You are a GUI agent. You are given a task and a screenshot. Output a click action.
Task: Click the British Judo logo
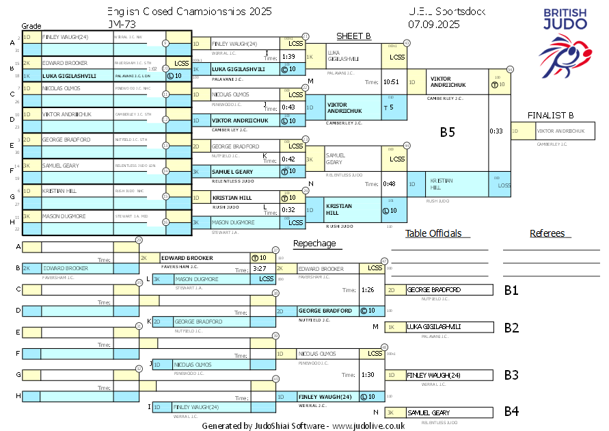tap(565, 43)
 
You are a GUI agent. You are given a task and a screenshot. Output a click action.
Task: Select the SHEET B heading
tap(353, 36)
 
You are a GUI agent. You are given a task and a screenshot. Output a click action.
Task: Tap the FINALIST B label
tap(550, 115)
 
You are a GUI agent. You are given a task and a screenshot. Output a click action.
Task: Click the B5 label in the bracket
tap(447, 132)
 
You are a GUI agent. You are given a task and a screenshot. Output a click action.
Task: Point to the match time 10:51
tap(391, 82)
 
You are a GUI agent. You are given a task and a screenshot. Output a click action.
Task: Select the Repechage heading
tap(314, 244)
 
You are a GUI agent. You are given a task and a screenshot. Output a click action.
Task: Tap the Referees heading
tap(547, 233)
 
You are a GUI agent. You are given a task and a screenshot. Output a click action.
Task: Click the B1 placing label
tap(511, 290)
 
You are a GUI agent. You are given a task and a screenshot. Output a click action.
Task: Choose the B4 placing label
tap(511, 412)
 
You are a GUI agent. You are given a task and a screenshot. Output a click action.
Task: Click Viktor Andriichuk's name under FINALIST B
tap(560, 130)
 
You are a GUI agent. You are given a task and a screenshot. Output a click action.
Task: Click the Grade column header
tap(31, 26)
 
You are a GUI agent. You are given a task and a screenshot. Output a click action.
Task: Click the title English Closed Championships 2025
tap(189, 12)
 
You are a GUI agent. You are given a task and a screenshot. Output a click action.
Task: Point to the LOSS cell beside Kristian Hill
tap(504, 185)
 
